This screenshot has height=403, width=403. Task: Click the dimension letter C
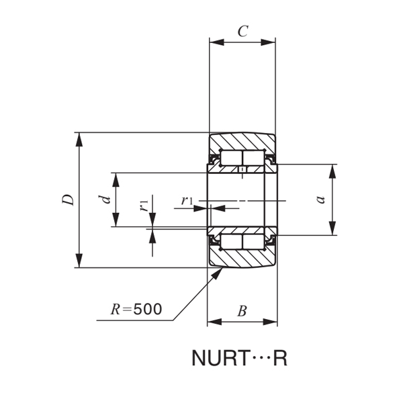coord(242,31)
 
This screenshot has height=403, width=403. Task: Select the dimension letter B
coord(242,310)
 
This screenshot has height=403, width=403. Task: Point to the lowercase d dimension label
coord(104,199)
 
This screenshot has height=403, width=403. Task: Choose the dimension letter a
coord(320,199)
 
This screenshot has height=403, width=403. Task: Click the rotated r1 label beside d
coord(144,205)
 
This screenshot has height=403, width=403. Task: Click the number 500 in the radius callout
coord(148,309)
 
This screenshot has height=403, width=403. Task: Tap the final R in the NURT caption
coord(281,359)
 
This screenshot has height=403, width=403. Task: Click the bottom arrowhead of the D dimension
coord(80,261)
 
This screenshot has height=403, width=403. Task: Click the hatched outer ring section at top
coord(242,142)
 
